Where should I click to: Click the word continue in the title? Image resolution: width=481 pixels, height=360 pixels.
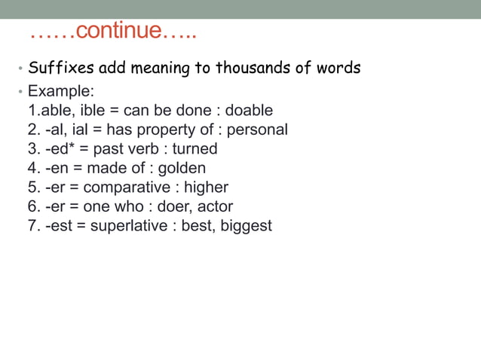coord(120,32)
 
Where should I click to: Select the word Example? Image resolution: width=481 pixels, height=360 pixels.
coord(60,92)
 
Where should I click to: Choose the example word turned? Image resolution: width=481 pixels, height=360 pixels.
coord(195,149)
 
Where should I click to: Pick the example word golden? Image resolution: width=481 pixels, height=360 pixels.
coord(182,168)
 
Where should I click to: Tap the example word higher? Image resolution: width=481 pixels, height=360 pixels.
coord(206,187)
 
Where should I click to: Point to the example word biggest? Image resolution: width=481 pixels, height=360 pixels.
coord(246,226)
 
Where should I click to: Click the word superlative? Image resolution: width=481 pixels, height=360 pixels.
coord(129,226)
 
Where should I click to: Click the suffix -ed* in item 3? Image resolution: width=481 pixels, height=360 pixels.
coord(59,149)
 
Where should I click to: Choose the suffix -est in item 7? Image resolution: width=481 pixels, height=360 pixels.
coord(60,226)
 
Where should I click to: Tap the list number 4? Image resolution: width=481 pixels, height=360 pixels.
coord(32,168)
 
